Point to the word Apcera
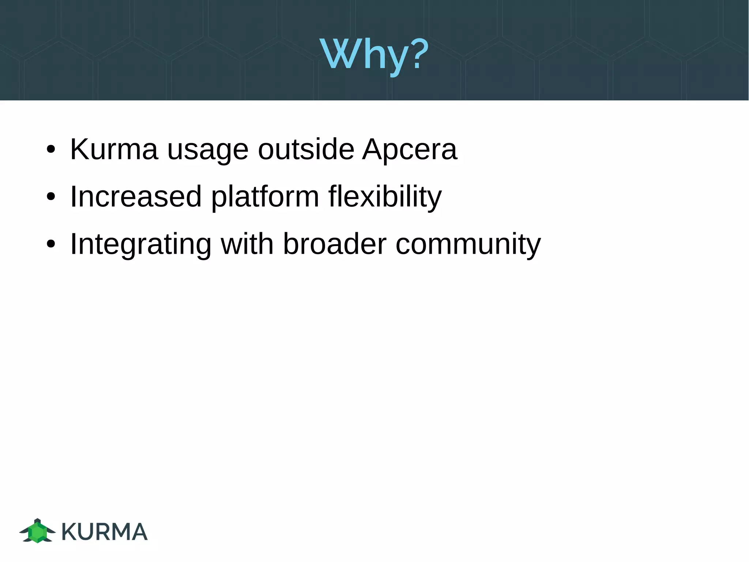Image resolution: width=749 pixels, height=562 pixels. pyautogui.click(x=410, y=150)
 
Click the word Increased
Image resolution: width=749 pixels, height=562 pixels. pyautogui.click(x=136, y=197)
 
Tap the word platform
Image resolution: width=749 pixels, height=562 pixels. pyautogui.click(x=265, y=198)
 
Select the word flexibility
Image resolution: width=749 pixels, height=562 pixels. pyautogui.click(x=385, y=197)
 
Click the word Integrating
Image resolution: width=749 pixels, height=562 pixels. pyautogui.click(x=140, y=245)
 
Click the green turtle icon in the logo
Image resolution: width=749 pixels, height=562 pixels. pyautogui.click(x=37, y=531)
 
